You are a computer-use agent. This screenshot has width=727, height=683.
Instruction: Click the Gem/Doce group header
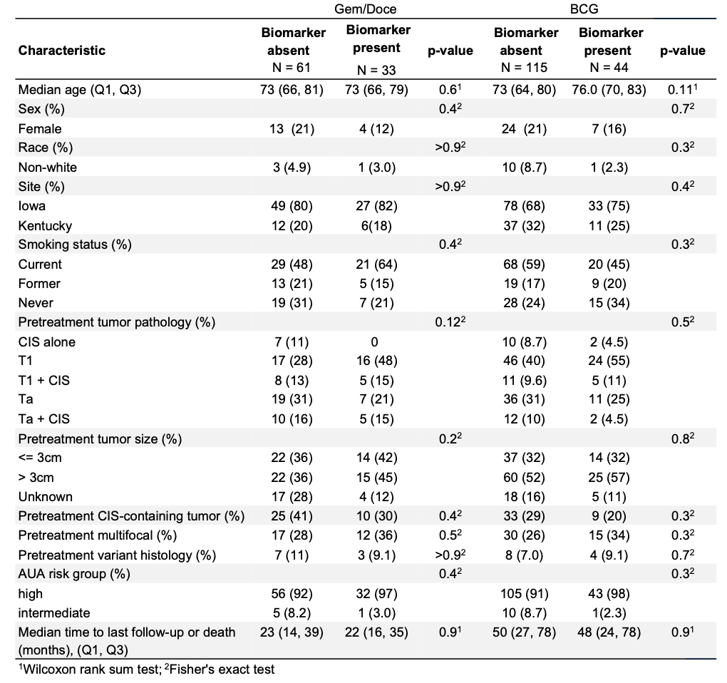[366, 9]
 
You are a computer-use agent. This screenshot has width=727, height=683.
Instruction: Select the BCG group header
[584, 9]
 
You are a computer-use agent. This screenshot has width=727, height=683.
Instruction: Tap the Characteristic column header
[62, 50]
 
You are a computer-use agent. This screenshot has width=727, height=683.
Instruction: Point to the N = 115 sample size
[524, 68]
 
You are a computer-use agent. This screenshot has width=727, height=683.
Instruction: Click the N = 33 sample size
[376, 70]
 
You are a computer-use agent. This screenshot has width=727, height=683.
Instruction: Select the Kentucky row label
[45, 226]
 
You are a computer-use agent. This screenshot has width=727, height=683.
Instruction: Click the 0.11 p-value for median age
[683, 90]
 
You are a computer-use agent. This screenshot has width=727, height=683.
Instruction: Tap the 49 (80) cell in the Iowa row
[292, 206]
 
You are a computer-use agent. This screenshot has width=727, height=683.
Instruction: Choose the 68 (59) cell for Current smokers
[525, 265]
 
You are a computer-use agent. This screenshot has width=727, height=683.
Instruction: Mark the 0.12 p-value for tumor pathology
[450, 322]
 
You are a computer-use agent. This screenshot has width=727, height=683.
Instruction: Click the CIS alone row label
[47, 342]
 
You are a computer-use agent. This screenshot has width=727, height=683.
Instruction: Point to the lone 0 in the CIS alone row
[375, 342]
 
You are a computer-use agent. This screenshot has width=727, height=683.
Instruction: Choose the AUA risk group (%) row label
[74, 574]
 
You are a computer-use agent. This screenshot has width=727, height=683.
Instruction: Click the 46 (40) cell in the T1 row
[525, 361]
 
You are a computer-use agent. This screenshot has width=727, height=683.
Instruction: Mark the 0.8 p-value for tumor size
[683, 438]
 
